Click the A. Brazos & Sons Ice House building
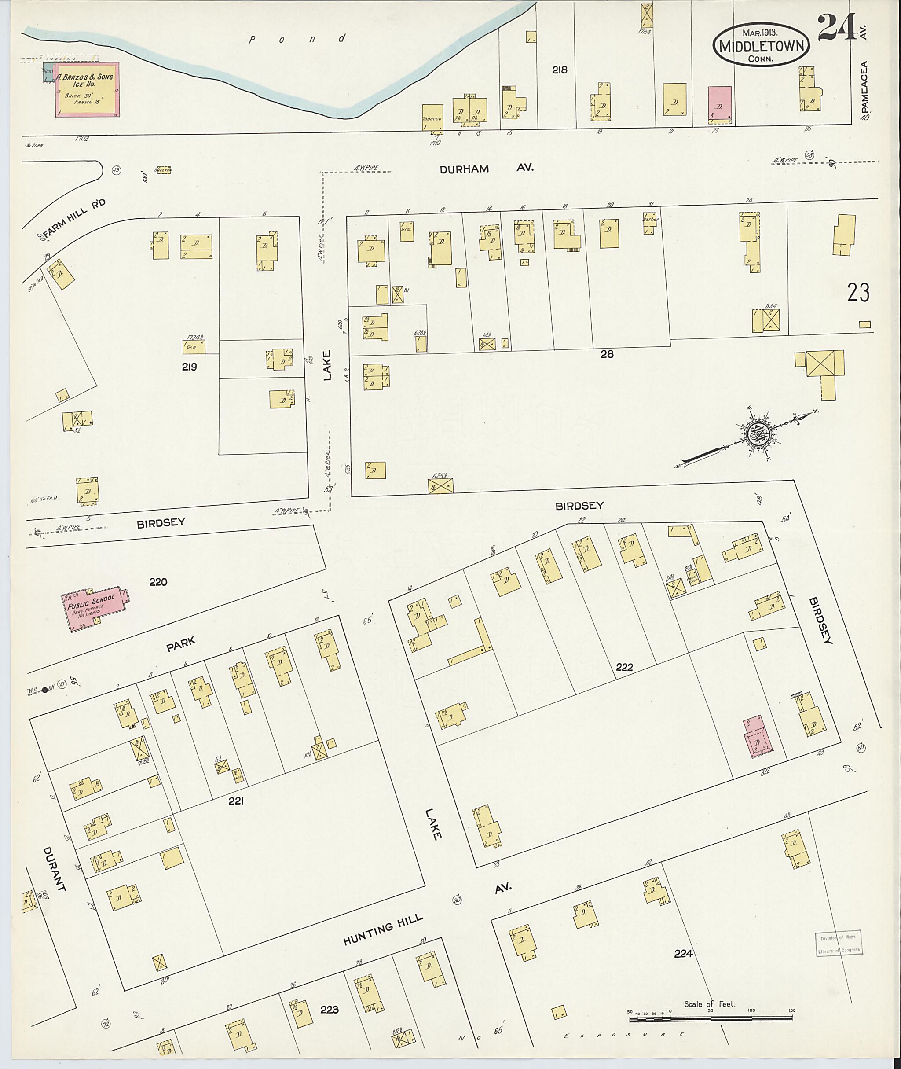click(x=88, y=89)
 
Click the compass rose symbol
click(x=755, y=435)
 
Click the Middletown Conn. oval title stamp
click(x=761, y=46)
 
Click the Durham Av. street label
click(x=487, y=168)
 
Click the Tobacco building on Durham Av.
click(x=432, y=118)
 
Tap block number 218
click(x=559, y=70)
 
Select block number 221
click(x=235, y=802)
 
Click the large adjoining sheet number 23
click(x=858, y=293)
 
